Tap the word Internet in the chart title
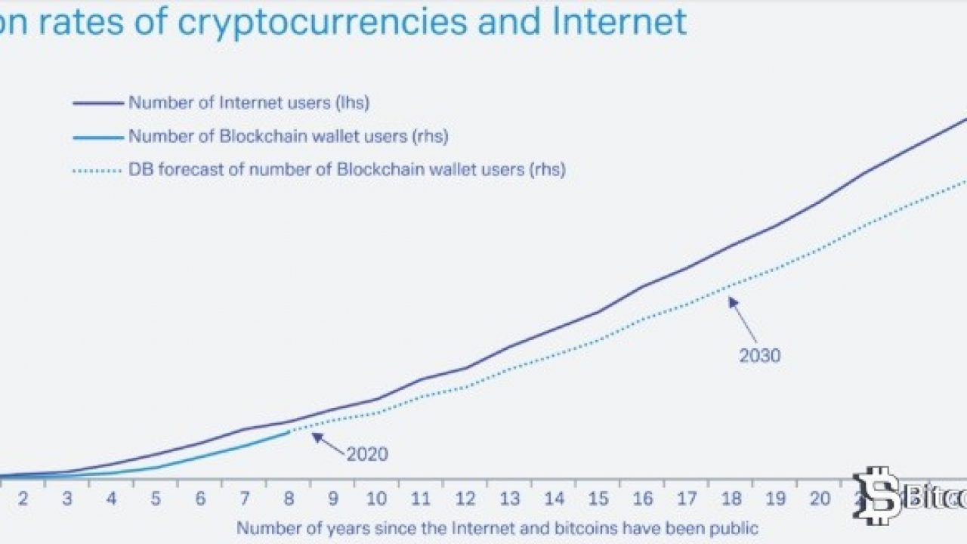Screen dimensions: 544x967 (x=619, y=22)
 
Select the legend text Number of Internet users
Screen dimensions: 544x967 (x=249, y=103)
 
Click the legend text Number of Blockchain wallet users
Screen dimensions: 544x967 (x=289, y=137)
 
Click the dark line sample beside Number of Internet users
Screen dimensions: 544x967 (x=97, y=103)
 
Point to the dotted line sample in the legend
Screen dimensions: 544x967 (x=97, y=171)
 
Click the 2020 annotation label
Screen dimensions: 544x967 (x=367, y=454)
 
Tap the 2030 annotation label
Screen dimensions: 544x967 (x=759, y=355)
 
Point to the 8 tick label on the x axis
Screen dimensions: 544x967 (x=289, y=499)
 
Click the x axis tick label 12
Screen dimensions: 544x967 (x=465, y=499)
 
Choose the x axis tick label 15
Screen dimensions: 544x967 (x=598, y=499)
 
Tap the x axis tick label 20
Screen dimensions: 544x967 (x=819, y=499)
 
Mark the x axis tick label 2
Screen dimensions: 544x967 (x=23, y=499)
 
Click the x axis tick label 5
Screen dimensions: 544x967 (x=156, y=499)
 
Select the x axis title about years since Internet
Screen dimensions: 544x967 (x=496, y=527)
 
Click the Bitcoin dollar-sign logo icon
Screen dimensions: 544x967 (x=879, y=495)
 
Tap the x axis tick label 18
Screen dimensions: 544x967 (x=731, y=499)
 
